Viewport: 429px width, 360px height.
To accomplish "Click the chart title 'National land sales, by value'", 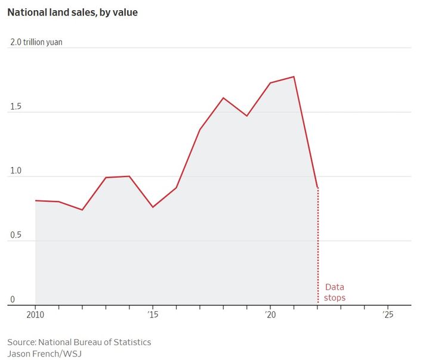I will pos(72,12).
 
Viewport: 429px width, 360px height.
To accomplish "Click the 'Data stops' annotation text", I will pos(335,293).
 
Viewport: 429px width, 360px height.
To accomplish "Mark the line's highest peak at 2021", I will pos(294,76).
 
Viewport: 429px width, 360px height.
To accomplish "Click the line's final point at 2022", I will pos(317,188).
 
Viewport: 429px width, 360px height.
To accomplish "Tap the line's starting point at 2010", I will pos(36,200).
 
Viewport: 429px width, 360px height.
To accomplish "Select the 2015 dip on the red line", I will pos(153,207).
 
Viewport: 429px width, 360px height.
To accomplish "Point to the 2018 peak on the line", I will pos(223,98).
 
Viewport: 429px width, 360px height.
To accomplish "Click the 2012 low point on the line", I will pos(82,210).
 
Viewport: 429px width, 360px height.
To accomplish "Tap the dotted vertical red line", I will pos(317,250).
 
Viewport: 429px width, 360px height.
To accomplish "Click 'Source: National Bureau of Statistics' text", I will pos(79,342).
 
